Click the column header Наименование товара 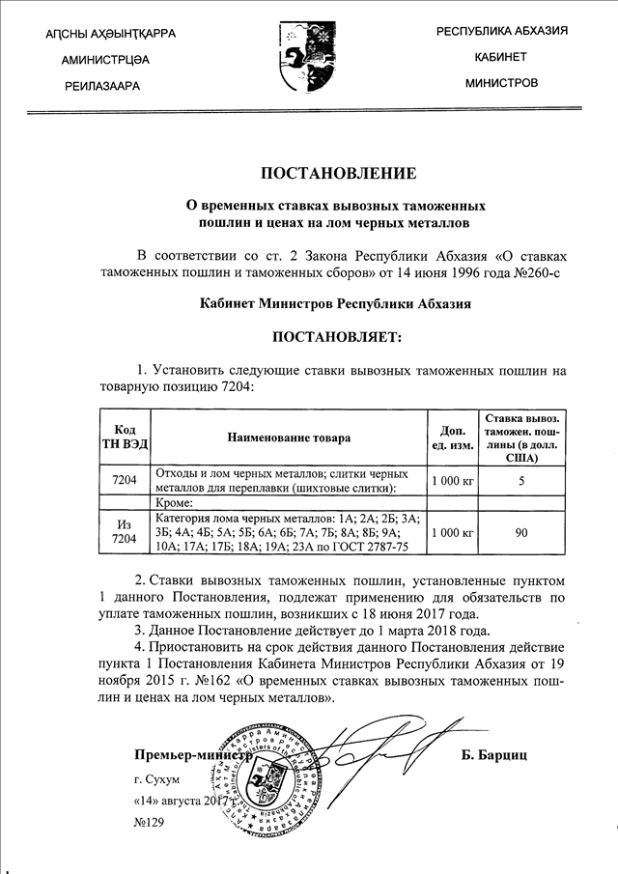point(289,437)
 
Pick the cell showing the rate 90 point(521,531)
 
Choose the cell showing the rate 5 point(521,480)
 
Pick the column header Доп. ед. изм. point(452,437)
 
